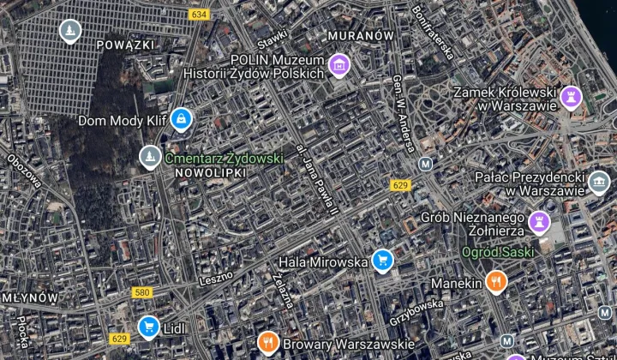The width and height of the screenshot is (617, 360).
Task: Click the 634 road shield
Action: tap(200, 15)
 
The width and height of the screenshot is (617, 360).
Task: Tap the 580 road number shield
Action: tap(142, 292)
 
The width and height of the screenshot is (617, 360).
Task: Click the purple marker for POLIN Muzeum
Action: tap(339, 63)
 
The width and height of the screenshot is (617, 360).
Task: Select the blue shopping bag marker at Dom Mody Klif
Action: tap(180, 119)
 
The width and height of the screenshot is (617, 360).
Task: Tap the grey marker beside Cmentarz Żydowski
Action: tap(150, 157)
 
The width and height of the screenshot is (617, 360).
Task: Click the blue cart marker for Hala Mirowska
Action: tap(382, 260)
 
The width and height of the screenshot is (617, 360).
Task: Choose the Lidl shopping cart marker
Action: tap(148, 326)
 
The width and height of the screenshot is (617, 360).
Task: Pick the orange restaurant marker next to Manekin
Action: tap(495, 280)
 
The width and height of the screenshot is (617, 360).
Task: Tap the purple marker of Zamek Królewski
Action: tap(571, 96)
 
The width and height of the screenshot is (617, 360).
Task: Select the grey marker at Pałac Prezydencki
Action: tap(598, 182)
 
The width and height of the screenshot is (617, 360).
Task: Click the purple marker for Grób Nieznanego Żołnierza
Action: tap(539, 221)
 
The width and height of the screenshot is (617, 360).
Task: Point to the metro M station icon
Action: tap(425, 164)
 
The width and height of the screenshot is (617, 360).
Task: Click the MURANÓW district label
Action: tap(360, 35)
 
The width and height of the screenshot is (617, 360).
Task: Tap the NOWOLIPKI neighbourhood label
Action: tap(210, 172)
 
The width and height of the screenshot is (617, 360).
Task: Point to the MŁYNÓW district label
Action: tap(29, 297)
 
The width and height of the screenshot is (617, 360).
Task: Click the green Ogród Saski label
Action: tap(498, 252)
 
